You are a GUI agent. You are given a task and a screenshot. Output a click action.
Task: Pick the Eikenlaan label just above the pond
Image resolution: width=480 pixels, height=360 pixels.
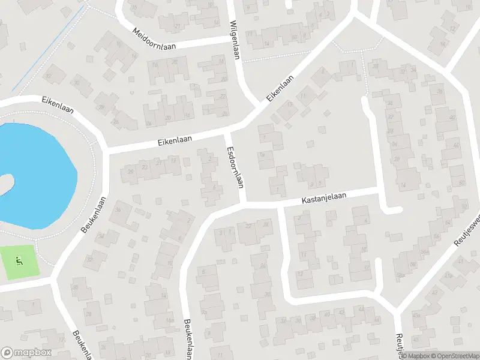[x=58, y=103]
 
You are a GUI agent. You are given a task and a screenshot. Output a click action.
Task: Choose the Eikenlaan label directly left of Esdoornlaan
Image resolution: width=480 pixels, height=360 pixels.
[x=175, y=140]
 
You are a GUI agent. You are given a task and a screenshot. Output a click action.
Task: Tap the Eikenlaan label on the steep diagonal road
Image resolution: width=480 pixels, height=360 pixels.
[x=281, y=88]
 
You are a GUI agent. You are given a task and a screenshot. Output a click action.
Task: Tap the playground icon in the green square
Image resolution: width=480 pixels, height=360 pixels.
[x=19, y=261]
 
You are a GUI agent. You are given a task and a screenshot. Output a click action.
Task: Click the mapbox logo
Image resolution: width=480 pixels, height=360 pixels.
[x=26, y=353]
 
